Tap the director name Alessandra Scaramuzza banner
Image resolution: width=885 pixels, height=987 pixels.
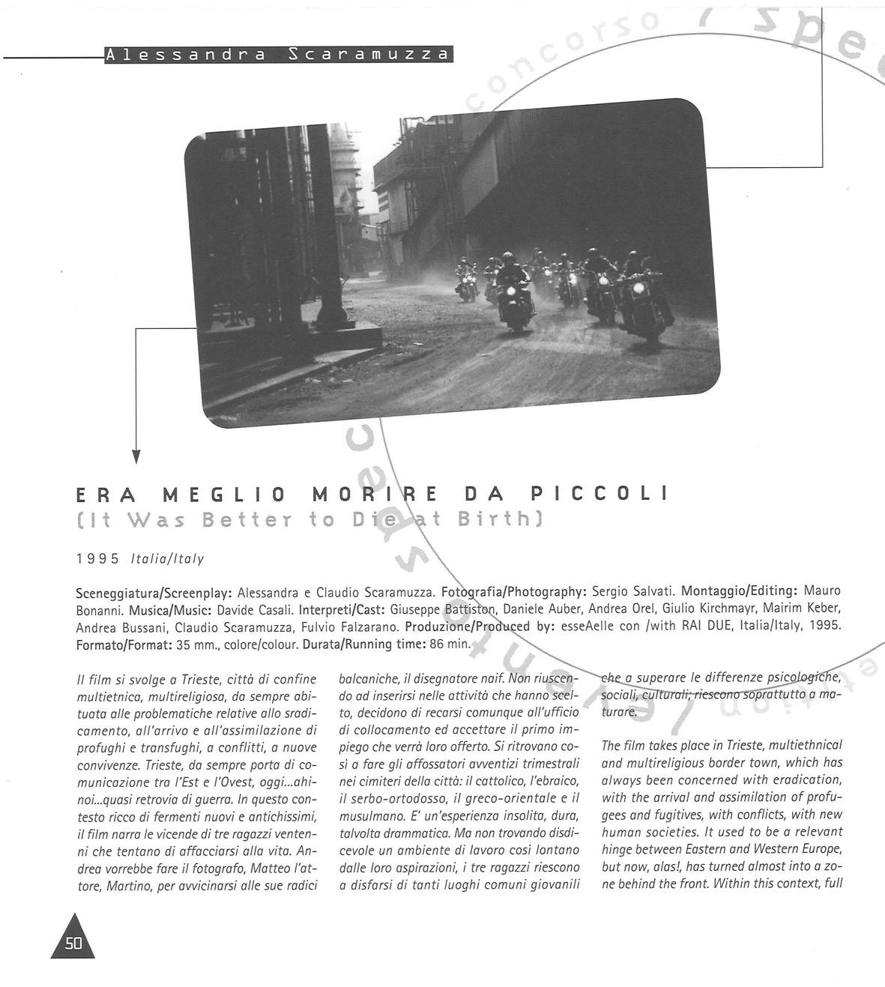(x=278, y=55)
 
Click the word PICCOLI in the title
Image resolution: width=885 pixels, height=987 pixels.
(x=599, y=495)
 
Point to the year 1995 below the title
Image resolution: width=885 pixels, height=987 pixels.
(x=98, y=559)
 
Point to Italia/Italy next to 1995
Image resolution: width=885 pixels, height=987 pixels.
(x=167, y=559)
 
